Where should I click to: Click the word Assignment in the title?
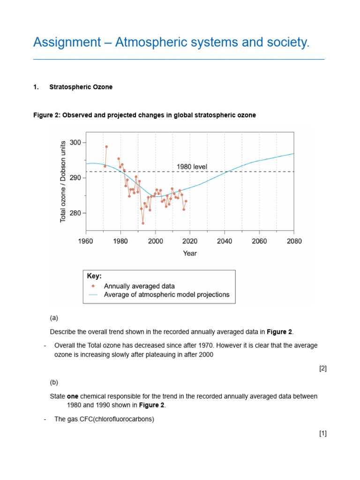point(66,43)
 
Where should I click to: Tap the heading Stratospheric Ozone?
point(81,87)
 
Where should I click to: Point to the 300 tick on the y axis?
point(75,142)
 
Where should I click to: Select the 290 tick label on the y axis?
point(75,178)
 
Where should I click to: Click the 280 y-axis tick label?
point(75,213)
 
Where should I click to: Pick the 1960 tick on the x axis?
point(86,241)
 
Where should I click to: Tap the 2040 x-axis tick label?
point(225,241)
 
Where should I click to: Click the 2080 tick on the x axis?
point(294,241)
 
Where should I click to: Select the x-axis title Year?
point(190,254)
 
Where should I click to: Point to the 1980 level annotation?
point(192,166)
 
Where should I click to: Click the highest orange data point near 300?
point(106,147)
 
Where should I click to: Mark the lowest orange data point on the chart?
point(143,223)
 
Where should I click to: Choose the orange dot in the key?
point(93,286)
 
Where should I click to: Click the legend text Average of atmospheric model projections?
point(166,295)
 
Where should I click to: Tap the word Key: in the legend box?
point(94,277)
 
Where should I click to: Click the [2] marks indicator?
point(322,368)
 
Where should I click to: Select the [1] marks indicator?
point(322,434)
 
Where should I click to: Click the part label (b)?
point(54,382)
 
